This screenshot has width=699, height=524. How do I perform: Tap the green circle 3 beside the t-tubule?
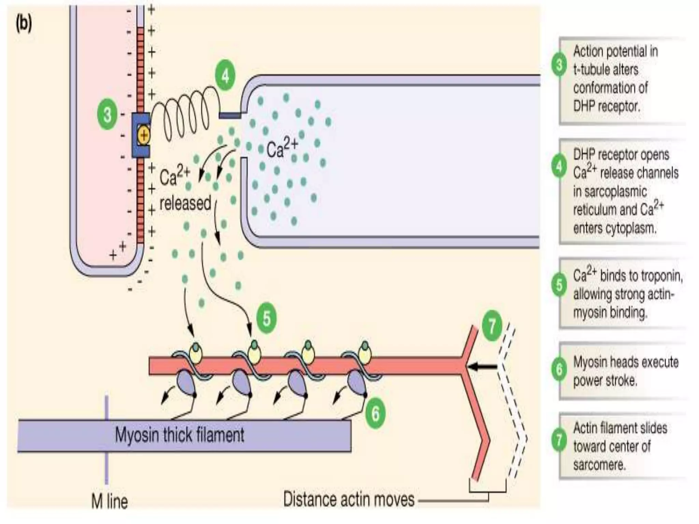pyautogui.click(x=107, y=114)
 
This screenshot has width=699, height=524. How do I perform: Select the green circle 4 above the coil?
pyautogui.click(x=226, y=76)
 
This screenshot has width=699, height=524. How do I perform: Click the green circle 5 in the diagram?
pyautogui.click(x=267, y=319)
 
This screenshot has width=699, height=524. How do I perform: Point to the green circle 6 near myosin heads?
pyautogui.click(x=375, y=414)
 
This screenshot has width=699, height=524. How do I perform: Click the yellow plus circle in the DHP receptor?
pyautogui.click(x=144, y=135)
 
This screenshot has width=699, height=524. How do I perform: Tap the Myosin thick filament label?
pyautogui.click(x=180, y=435)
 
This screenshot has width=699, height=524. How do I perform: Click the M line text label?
pyautogui.click(x=110, y=502)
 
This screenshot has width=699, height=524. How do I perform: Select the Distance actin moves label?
pyautogui.click(x=348, y=499)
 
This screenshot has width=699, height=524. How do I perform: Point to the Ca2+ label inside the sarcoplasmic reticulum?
pyautogui.click(x=282, y=149)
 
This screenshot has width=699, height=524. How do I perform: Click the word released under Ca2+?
pyautogui.click(x=185, y=203)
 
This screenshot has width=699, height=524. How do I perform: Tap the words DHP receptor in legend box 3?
pyautogui.click(x=606, y=106)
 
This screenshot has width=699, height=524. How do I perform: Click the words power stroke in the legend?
pyautogui.click(x=605, y=380)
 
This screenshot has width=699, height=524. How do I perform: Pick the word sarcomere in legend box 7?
pyautogui.click(x=599, y=465)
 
